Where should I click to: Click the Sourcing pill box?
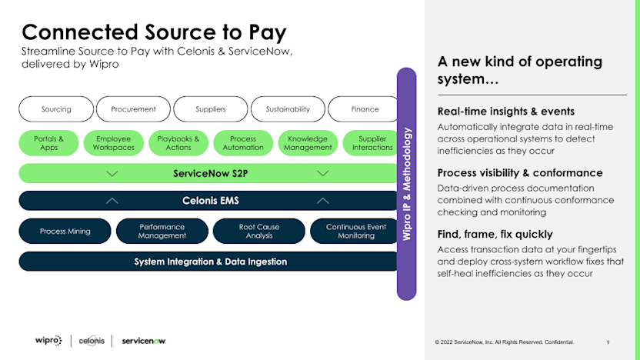click(x=55, y=109)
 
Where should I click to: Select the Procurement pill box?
click(x=133, y=109)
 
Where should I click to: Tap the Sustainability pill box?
click(x=288, y=109)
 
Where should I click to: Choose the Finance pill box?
click(x=365, y=109)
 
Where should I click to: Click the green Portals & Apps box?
click(x=49, y=143)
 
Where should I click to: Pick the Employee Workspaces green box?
click(x=114, y=143)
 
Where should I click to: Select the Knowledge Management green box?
click(x=308, y=143)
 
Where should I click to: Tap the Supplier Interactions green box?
click(x=372, y=143)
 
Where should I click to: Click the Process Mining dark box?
click(x=65, y=231)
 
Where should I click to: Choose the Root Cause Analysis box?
click(x=259, y=231)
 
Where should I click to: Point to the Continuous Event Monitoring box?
click(x=355, y=231)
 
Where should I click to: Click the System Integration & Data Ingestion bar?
click(x=210, y=262)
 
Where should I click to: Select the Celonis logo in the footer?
click(x=92, y=341)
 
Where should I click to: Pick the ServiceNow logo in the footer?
click(x=144, y=341)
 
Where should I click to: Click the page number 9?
click(x=608, y=342)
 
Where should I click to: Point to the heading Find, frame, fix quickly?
click(x=495, y=234)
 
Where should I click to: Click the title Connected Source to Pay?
click(x=154, y=32)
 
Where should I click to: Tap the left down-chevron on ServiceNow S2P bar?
click(x=112, y=173)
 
